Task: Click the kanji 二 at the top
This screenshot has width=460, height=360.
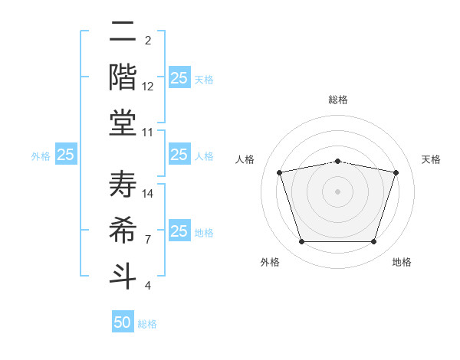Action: [123, 32]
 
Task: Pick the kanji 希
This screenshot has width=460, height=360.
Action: [123, 228]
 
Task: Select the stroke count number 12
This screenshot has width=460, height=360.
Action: [148, 87]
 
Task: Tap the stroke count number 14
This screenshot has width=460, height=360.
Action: [148, 194]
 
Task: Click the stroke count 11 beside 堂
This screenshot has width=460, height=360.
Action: [148, 133]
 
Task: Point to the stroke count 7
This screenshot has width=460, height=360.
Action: [148, 240]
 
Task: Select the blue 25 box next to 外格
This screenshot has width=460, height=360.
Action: [66, 155]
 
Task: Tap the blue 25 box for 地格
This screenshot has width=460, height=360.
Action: [179, 231]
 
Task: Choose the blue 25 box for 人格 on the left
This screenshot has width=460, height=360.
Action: [179, 155]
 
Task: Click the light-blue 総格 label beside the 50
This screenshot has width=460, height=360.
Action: [147, 324]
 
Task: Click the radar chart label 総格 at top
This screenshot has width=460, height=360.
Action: [337, 100]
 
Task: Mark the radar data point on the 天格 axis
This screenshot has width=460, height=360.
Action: [396, 172]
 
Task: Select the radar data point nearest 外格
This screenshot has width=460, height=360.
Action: [301, 242]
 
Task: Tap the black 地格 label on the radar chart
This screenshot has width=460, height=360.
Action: [402, 262]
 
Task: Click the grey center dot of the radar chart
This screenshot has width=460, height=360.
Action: [337, 191]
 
